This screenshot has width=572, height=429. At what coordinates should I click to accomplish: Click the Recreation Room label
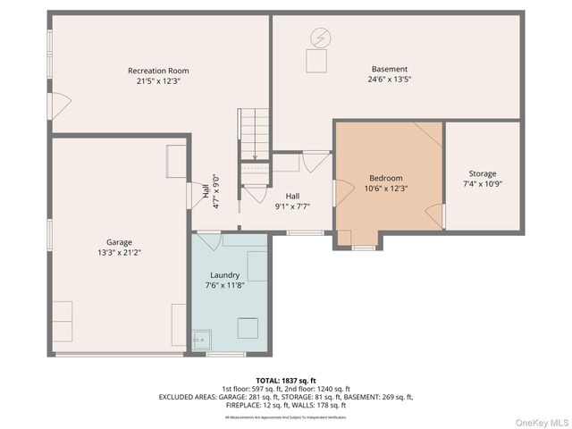coord(158,71)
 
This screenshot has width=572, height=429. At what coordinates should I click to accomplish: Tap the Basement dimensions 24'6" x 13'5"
coord(390,79)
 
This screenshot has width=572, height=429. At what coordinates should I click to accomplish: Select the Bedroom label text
coord(386,178)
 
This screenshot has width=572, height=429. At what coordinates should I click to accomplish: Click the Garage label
coord(119,242)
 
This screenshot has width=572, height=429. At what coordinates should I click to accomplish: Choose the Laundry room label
coord(224,275)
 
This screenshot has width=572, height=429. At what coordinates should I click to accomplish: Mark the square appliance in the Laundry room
coord(248,328)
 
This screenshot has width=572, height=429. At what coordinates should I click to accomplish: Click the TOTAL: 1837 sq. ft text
coord(285,381)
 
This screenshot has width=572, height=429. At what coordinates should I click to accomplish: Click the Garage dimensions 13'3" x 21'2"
coord(119,252)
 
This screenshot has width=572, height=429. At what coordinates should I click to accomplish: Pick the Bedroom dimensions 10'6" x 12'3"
coord(386,188)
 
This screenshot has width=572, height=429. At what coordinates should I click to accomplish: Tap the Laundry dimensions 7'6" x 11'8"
coord(224,285)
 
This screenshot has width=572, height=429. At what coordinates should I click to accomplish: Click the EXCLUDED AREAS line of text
coord(285,396)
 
